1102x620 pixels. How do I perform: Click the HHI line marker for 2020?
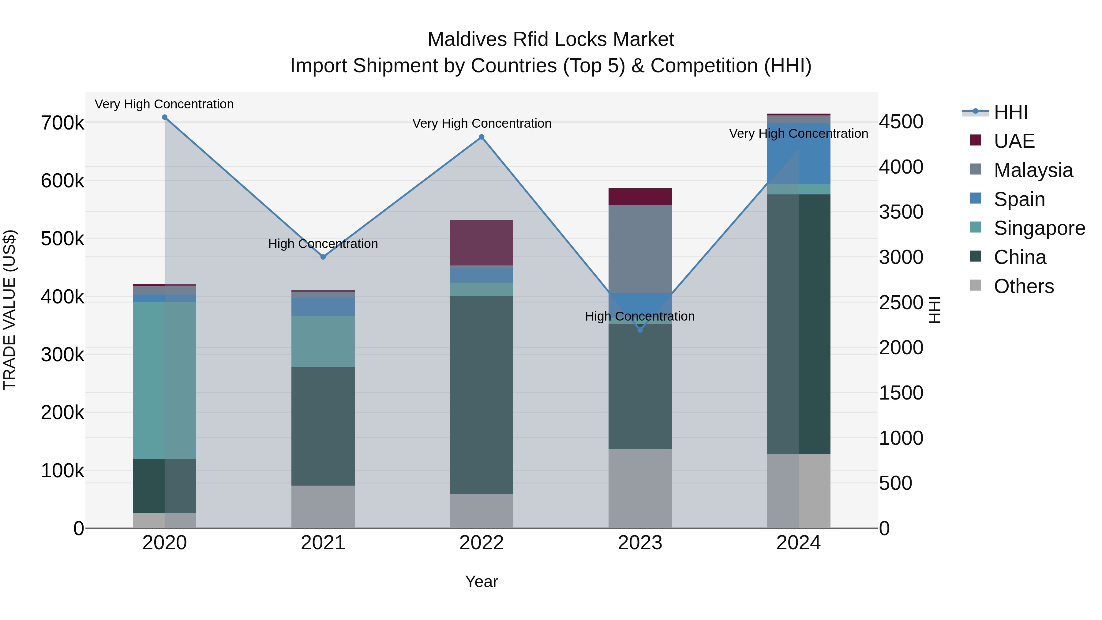[165, 117]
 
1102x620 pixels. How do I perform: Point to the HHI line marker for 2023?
[640, 330]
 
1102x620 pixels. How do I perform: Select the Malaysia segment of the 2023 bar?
[640, 248]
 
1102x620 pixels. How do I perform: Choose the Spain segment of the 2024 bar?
[798, 154]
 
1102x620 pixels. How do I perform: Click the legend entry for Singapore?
[1039, 228]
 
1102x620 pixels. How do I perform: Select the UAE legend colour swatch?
[975, 140]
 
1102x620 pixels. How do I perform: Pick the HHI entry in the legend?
[1010, 112]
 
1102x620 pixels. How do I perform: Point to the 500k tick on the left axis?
[62, 239]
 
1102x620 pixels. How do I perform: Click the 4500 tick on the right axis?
[901, 122]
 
